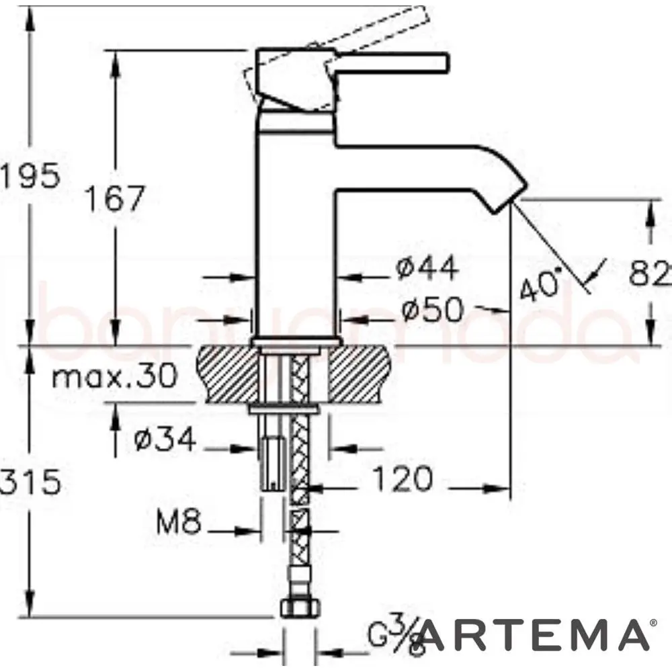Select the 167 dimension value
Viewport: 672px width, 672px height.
click(x=115, y=198)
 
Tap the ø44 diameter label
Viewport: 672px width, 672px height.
click(x=427, y=269)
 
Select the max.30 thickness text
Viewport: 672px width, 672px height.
click(x=114, y=376)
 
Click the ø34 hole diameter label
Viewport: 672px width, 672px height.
click(x=165, y=440)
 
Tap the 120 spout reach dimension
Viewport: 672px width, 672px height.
click(x=402, y=480)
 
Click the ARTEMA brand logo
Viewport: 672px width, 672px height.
click(x=534, y=635)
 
